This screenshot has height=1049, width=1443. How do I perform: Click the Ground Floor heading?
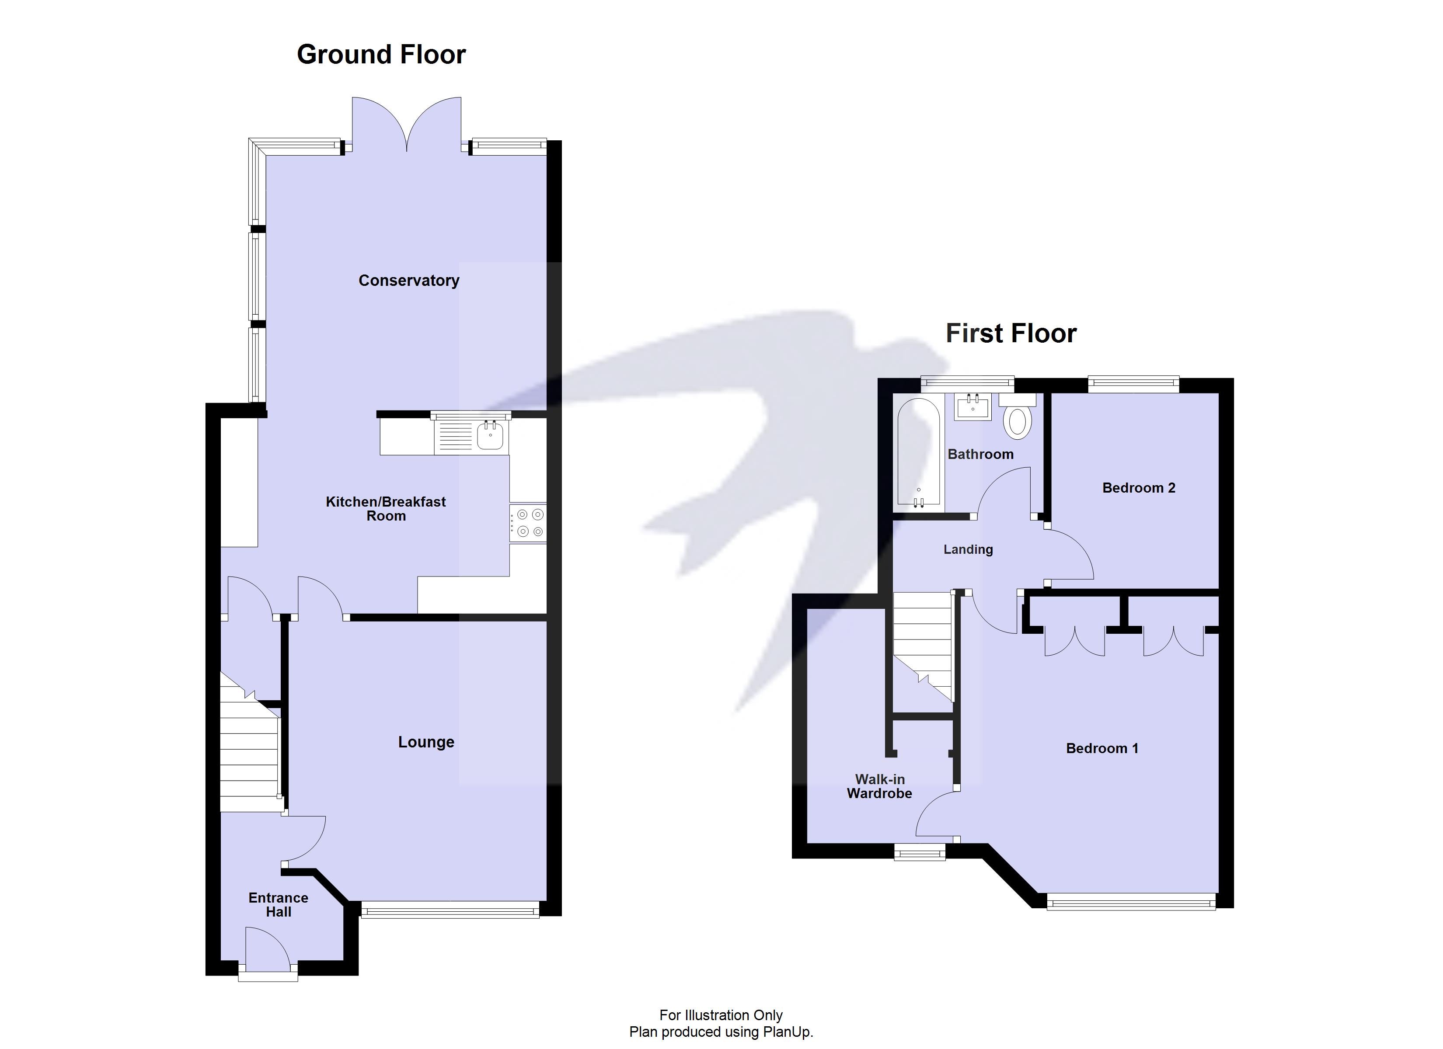coord(381,55)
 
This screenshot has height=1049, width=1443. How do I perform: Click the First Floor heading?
coord(1011,333)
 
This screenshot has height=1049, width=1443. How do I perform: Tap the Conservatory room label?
coord(408,281)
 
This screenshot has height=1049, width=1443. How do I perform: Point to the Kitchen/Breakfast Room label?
coord(386,508)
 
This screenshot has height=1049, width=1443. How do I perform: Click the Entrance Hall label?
coord(278,905)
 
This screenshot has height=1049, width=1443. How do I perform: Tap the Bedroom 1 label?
coord(1101,748)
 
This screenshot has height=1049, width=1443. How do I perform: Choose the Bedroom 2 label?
coord(1138,488)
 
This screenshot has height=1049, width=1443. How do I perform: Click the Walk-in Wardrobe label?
coord(879,786)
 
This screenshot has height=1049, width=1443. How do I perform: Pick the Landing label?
coord(968,549)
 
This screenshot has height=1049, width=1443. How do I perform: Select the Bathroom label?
coord(980,454)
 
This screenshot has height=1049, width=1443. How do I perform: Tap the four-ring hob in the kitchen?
coord(529,523)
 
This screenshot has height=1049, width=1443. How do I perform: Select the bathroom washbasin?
coord(972,407)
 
